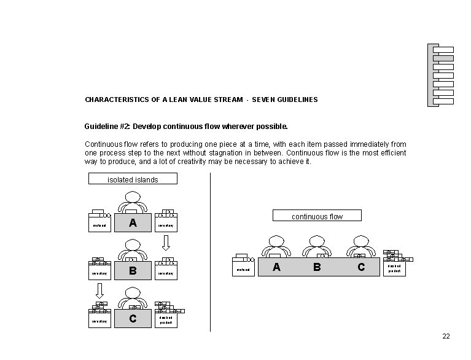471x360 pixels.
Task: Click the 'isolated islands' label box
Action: click(x=133, y=179)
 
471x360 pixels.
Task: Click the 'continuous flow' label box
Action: click(x=317, y=216)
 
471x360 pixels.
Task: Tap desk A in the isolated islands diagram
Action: click(x=133, y=223)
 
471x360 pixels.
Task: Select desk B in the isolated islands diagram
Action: click(x=133, y=271)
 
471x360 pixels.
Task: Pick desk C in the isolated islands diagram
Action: click(x=133, y=318)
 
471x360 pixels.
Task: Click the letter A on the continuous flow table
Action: click(x=276, y=267)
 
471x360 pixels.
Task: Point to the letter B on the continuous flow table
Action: click(x=317, y=267)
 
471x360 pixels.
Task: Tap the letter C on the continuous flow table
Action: click(x=360, y=267)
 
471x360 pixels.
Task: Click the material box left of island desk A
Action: click(x=99, y=225)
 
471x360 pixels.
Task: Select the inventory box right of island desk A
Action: click(x=166, y=225)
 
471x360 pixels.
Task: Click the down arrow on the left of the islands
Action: click(x=99, y=291)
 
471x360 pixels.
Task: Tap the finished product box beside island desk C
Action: click(x=166, y=320)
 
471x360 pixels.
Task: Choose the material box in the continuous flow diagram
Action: click(x=244, y=269)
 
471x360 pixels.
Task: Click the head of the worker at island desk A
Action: click(x=133, y=197)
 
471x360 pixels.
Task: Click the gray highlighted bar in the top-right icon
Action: click(x=443, y=58)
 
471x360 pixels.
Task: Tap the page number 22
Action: click(x=446, y=336)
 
